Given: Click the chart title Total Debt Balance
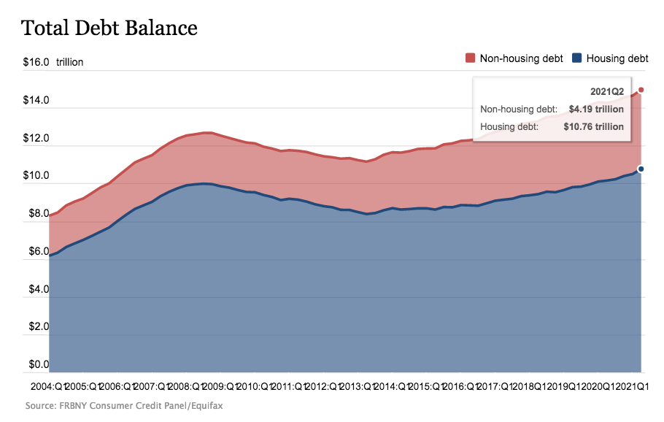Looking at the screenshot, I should point(109,28).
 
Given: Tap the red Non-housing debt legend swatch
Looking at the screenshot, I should point(471,58).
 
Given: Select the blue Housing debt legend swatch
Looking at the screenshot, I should point(577,58).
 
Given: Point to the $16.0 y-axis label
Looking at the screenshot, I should point(36,62).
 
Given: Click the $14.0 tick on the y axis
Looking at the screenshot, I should point(36,100).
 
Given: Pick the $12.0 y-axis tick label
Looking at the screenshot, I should point(36,138).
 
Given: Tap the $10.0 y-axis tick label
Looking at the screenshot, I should point(36,176).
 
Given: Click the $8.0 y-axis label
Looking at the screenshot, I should point(38,214).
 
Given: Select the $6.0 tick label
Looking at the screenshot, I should point(38,252).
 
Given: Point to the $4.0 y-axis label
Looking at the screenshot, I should point(38,290).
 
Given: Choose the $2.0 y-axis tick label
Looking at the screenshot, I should point(38,327).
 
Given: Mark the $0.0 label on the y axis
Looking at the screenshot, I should point(38,364).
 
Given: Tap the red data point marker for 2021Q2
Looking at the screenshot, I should point(641,90).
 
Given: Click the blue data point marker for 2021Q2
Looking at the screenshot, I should point(641,169).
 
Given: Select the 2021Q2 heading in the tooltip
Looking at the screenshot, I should point(606,92).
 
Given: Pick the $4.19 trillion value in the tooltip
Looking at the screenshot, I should point(596,110).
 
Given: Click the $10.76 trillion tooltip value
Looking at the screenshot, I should point(593,126).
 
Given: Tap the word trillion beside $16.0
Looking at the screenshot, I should point(70,62).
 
